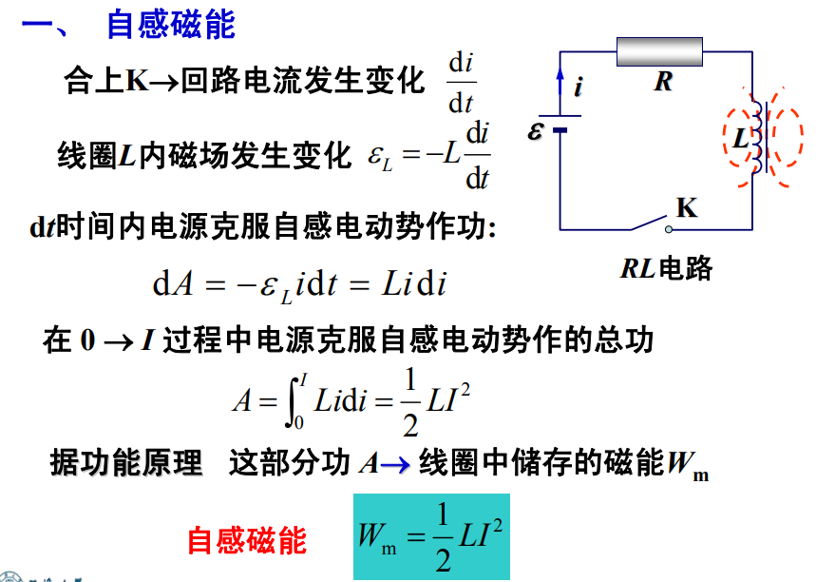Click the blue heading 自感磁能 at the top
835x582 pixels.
click(x=171, y=24)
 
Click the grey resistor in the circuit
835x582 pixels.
click(x=659, y=51)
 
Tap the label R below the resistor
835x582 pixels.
click(x=663, y=82)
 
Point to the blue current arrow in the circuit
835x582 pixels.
click(x=560, y=83)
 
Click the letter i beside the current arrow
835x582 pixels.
click(x=579, y=87)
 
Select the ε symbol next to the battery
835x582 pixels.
click(x=535, y=130)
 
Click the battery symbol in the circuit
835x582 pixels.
click(x=560, y=123)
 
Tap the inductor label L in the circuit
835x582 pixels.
click(x=741, y=138)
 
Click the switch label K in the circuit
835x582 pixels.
click(x=687, y=208)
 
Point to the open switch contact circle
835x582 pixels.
click(x=669, y=230)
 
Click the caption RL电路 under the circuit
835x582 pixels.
click(x=666, y=268)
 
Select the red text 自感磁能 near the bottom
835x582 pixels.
click(x=247, y=540)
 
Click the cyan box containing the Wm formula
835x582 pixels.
click(x=432, y=536)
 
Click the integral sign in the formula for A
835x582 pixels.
click(x=292, y=400)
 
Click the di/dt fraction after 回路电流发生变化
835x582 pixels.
click(x=461, y=83)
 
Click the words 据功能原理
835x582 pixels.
click(x=126, y=462)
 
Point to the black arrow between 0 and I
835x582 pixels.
click(x=118, y=342)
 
